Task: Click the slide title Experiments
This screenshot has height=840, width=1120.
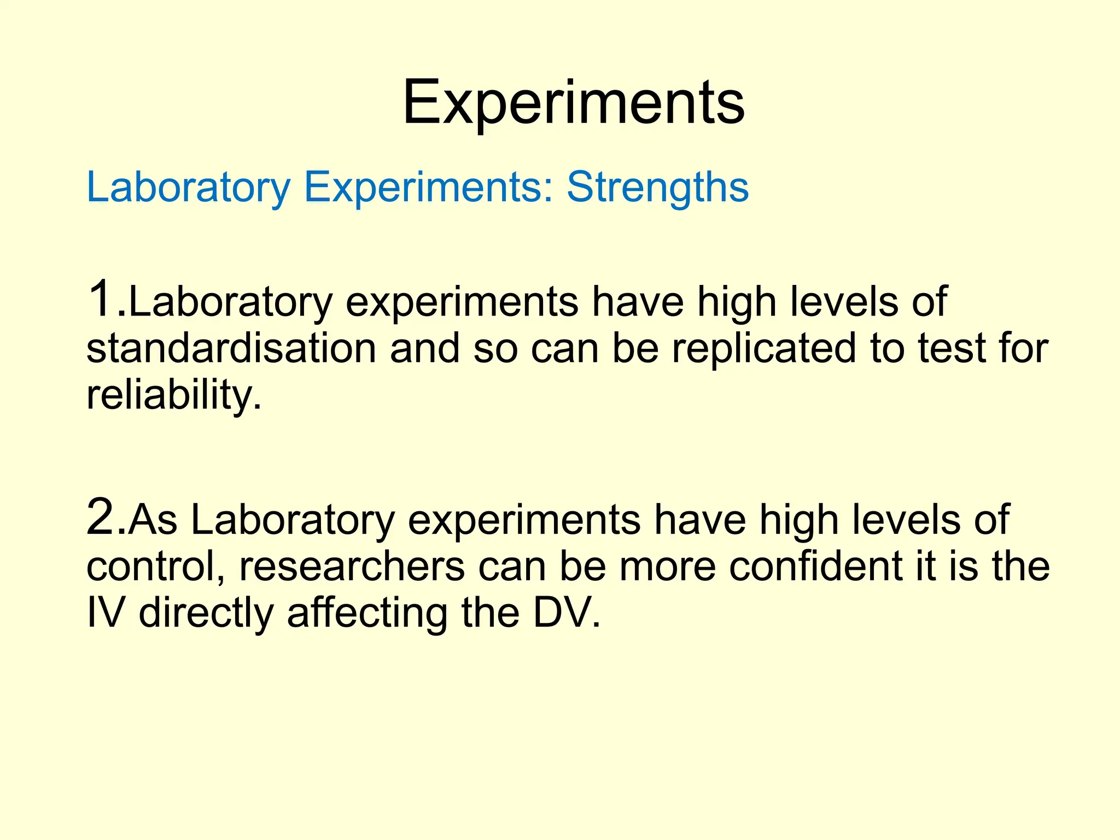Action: (574, 102)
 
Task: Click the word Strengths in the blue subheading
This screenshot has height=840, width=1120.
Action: (657, 188)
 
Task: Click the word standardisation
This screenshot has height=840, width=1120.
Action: (231, 348)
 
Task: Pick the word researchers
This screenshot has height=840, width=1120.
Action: (352, 567)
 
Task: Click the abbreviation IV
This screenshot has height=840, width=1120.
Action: (106, 612)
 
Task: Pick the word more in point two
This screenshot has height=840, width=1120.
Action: (667, 567)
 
